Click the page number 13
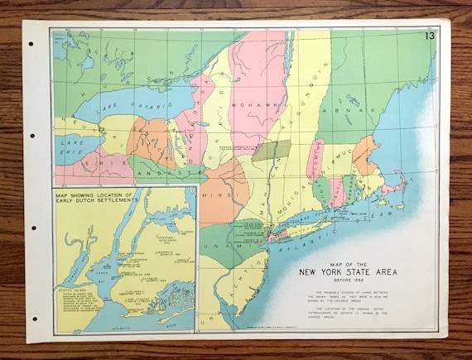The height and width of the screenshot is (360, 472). (x=429, y=36)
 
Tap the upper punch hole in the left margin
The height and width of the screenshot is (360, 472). (x=33, y=136)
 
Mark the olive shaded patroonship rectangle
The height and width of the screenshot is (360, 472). (x=271, y=150)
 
